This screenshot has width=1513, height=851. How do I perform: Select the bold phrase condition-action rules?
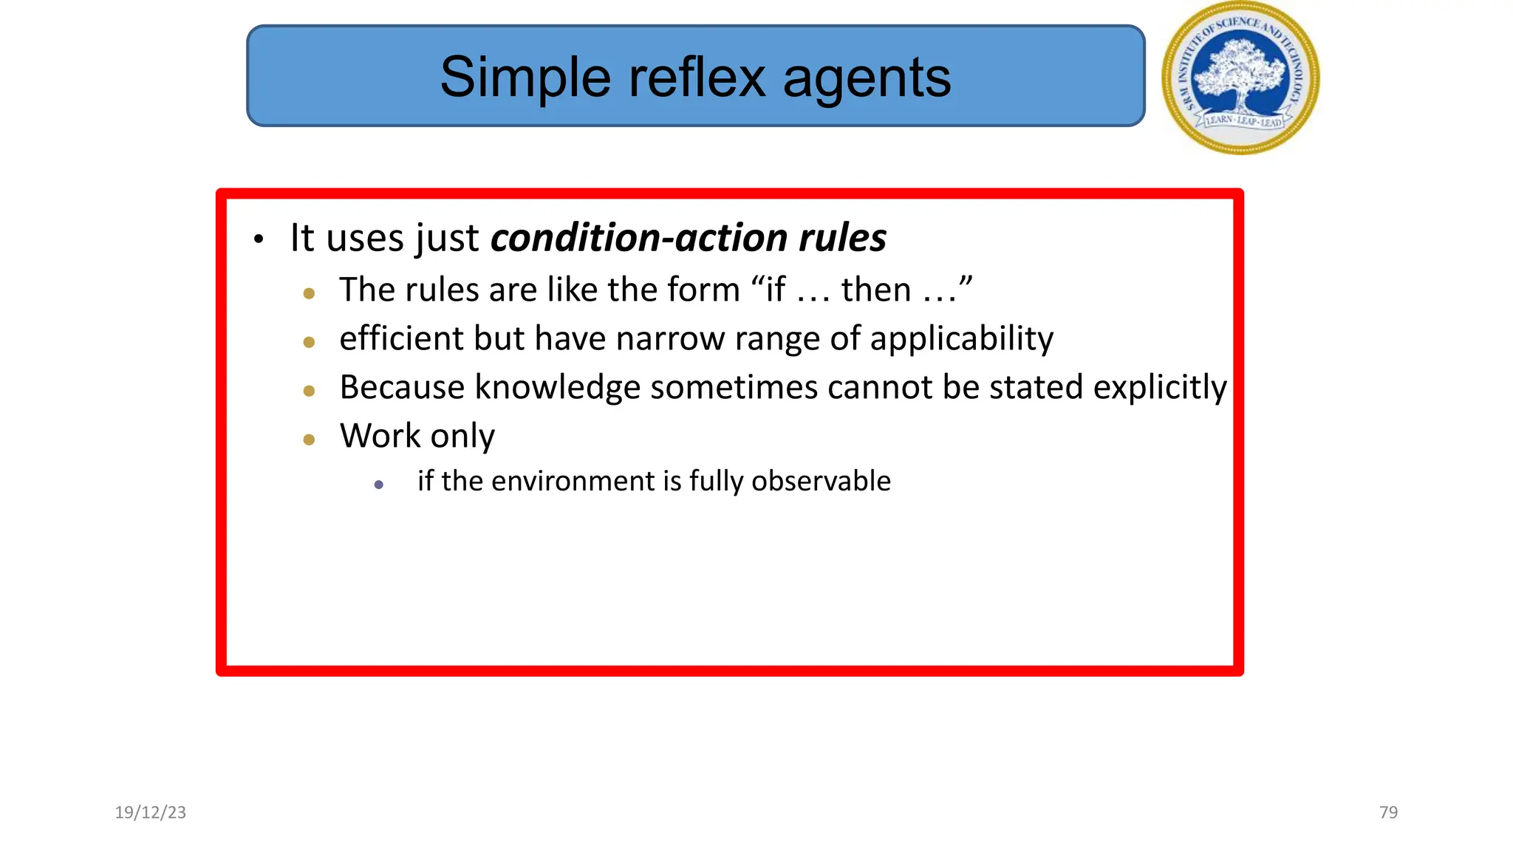click(688, 238)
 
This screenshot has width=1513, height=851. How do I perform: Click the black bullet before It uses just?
click(258, 240)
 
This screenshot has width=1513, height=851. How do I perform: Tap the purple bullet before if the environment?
click(379, 485)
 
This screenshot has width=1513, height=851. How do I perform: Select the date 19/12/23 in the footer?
click(151, 813)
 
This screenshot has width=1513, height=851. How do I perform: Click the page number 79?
click(1388, 813)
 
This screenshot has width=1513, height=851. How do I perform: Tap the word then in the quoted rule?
click(875, 290)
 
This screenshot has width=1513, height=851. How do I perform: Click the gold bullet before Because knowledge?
click(309, 391)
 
